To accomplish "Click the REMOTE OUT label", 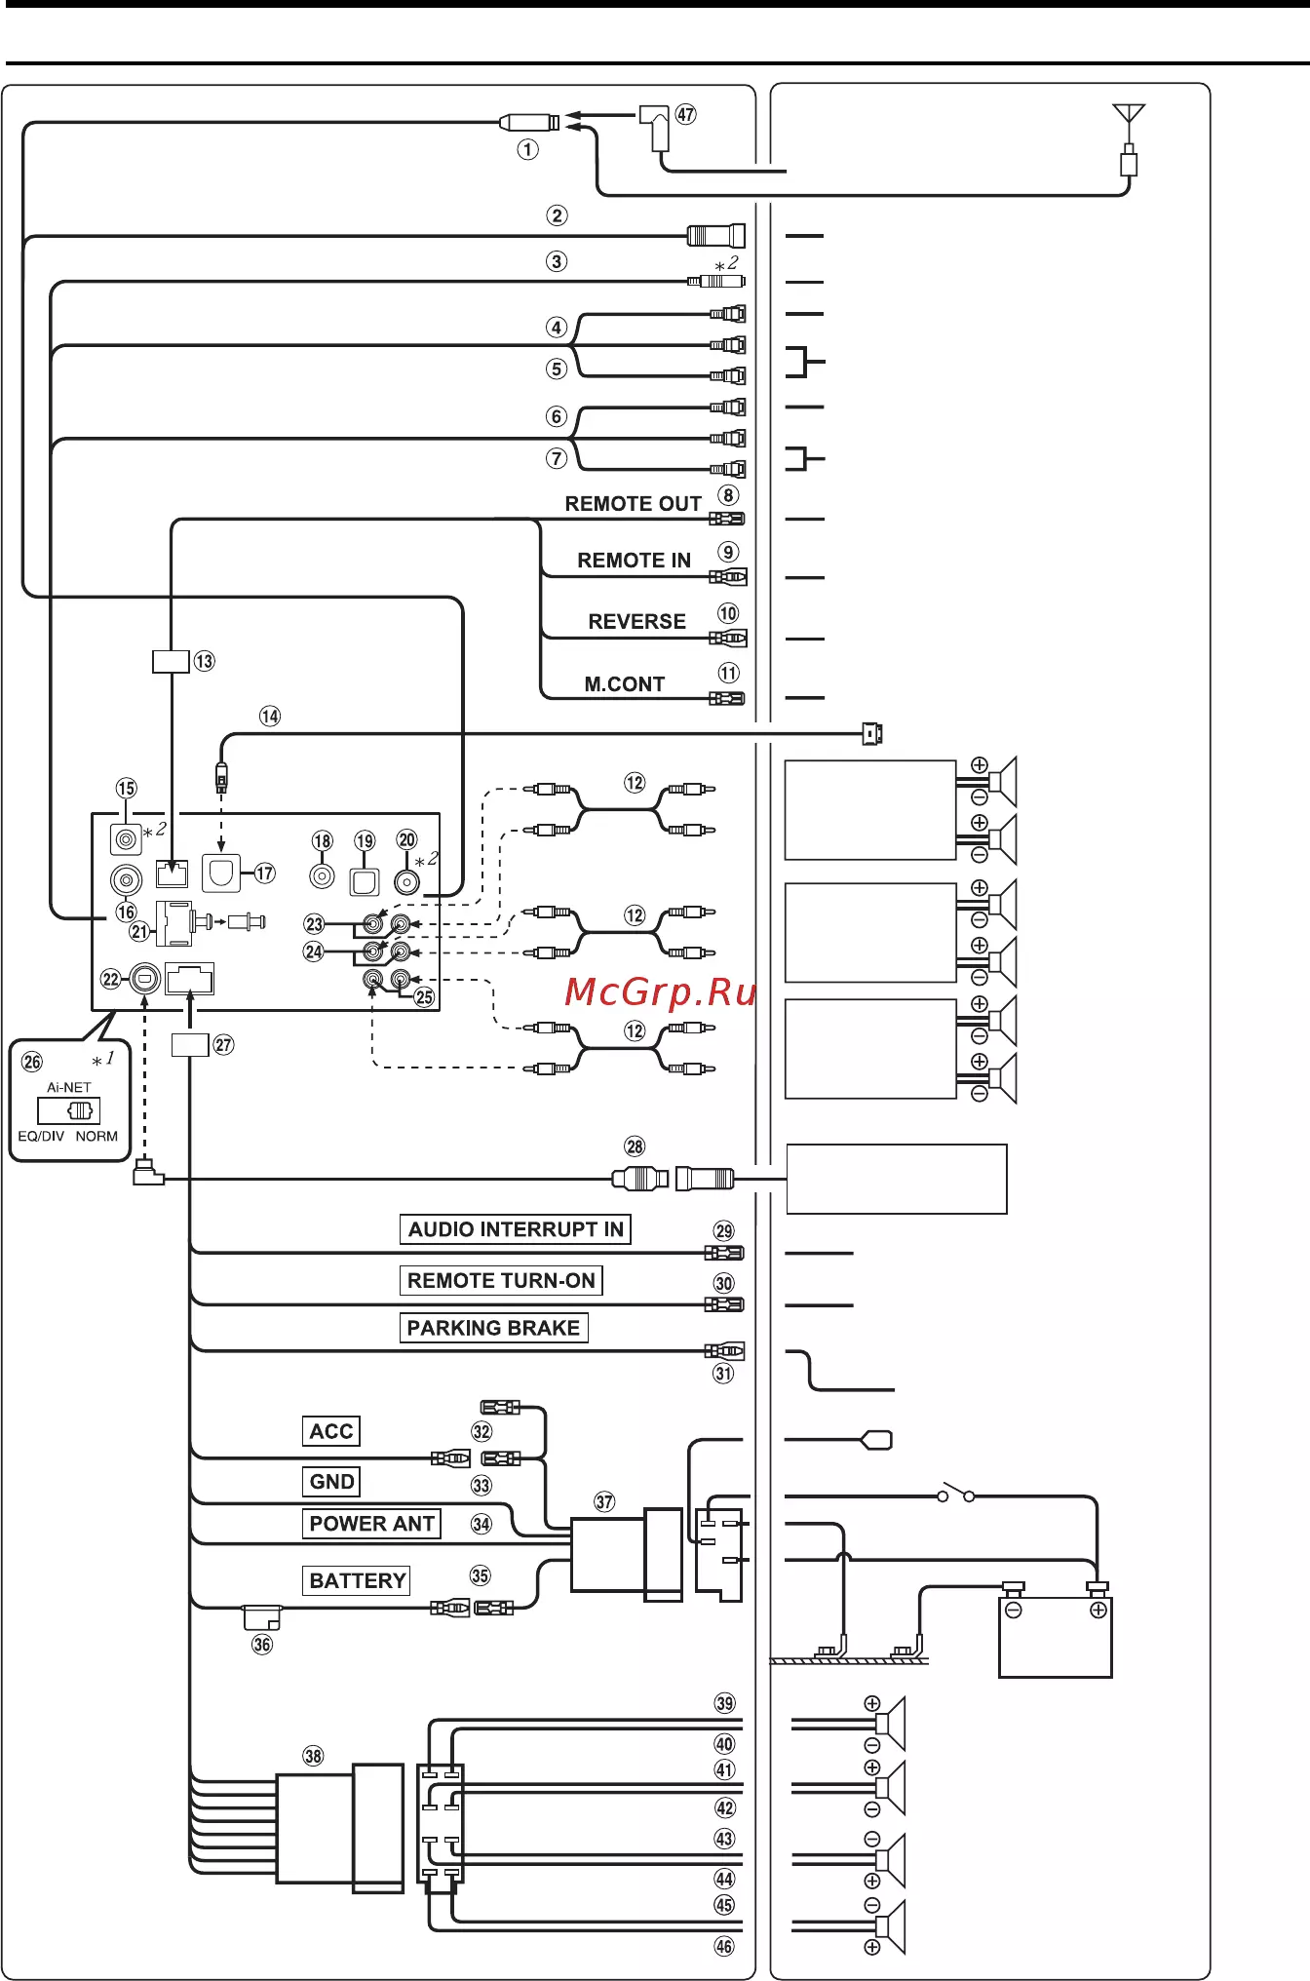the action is point(634,504).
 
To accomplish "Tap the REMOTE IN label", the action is point(635,561).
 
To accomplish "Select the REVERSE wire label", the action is point(637,622).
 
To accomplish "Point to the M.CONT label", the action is point(625,684).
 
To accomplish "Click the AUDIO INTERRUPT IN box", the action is point(516,1229).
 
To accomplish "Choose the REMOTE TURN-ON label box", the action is point(501,1281).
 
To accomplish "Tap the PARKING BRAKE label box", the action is point(493,1328).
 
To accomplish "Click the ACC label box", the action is point(331,1431).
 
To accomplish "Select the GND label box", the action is point(331,1482).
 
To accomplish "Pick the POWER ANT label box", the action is point(371,1524).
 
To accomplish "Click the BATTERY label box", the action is point(357,1580).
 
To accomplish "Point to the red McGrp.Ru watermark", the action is point(661,992).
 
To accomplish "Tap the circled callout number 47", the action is point(686,114).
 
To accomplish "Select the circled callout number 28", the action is point(635,1146).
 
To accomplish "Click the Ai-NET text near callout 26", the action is point(69,1087).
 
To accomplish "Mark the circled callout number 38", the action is point(313,1756).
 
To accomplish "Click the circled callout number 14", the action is point(270,717).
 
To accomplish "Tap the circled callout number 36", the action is point(262,1645).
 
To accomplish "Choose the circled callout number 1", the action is point(527,149).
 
